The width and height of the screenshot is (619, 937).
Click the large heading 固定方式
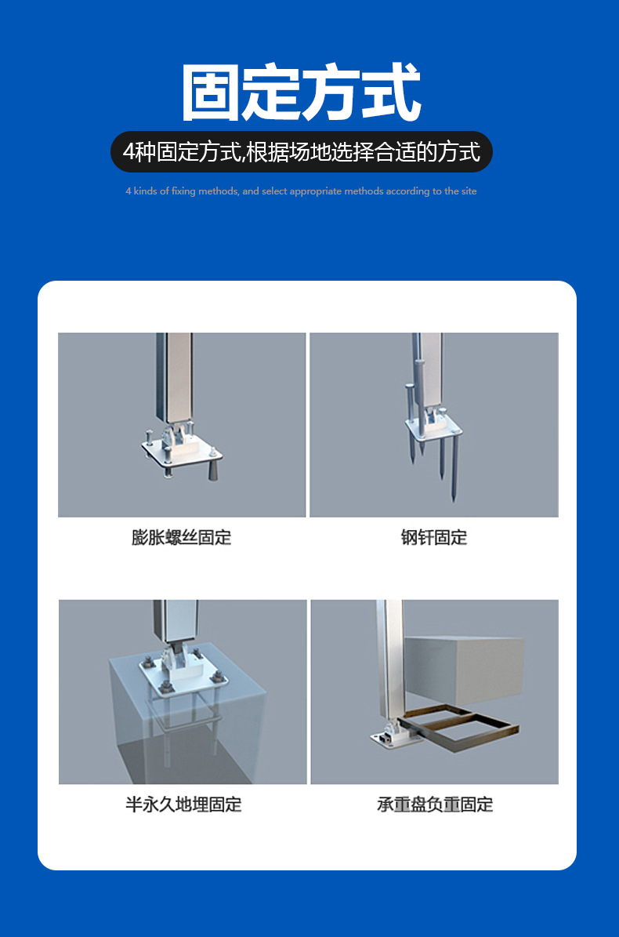302,93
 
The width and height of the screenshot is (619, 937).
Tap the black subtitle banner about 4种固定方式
302,152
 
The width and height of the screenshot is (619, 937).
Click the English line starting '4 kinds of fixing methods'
301,191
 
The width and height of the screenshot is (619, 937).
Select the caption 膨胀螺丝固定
182,537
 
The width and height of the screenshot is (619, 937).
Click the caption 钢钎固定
434,537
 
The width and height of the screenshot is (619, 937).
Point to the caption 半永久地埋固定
183,804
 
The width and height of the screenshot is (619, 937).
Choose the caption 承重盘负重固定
435,804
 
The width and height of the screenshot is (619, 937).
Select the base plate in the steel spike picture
433,426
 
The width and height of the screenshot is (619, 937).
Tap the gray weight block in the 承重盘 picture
464,670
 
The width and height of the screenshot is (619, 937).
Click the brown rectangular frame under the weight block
460,724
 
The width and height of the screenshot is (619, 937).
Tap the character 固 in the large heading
210,93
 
